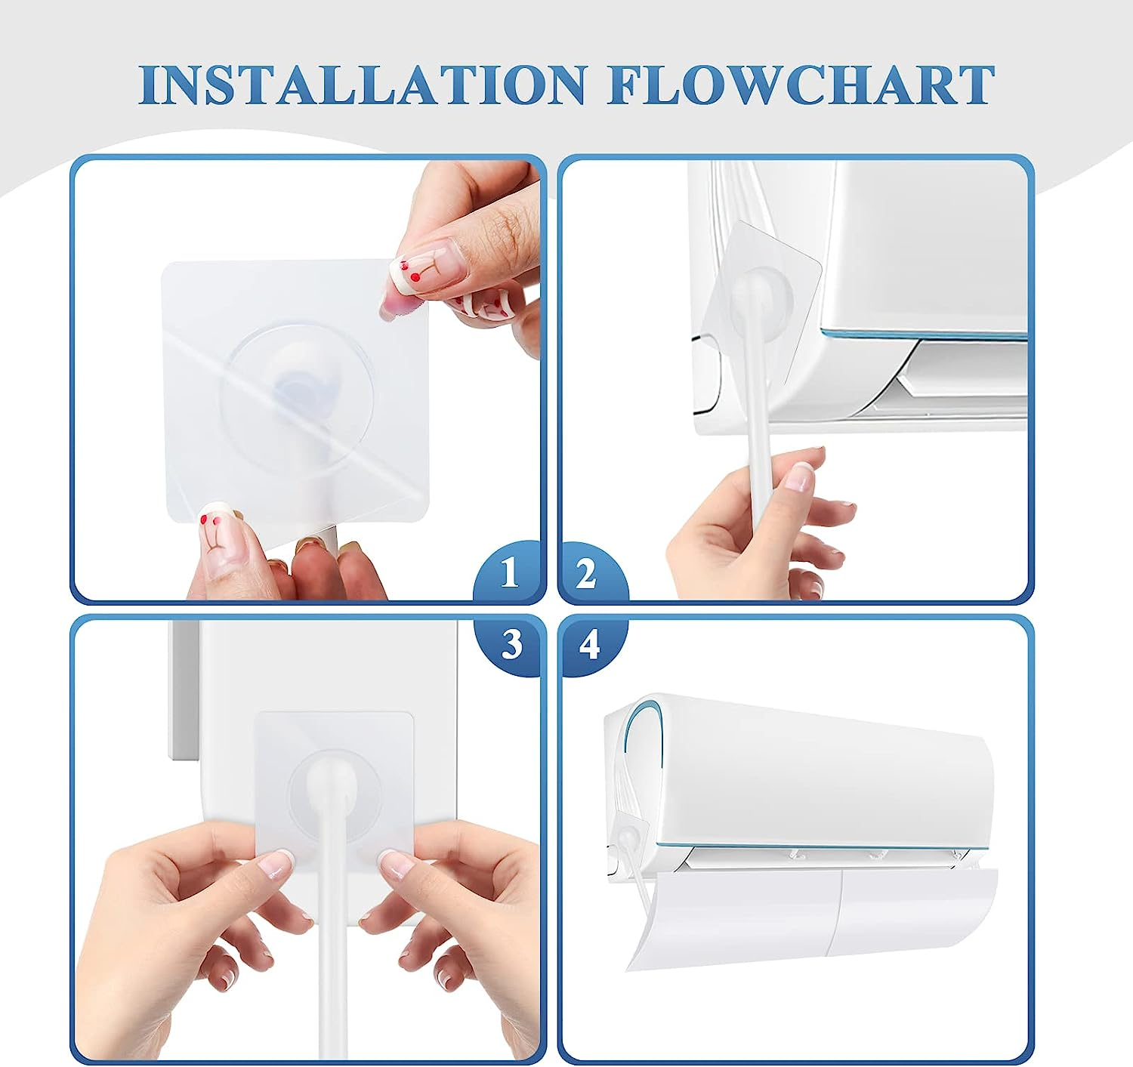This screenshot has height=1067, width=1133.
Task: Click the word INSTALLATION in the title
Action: point(363,85)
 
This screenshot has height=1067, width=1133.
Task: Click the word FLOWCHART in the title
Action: point(801,85)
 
